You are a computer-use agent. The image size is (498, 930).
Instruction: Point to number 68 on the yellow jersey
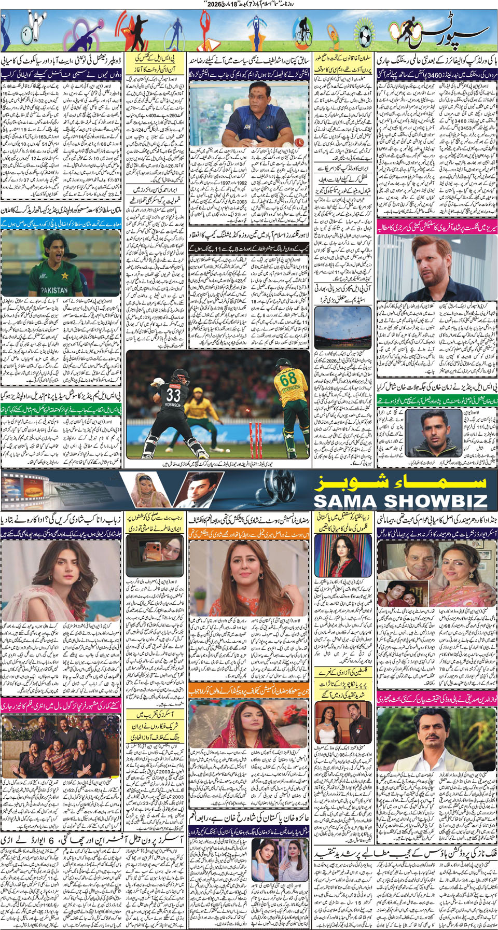coord(288,380)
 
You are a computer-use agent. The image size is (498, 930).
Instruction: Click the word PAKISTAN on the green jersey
coord(54,290)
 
